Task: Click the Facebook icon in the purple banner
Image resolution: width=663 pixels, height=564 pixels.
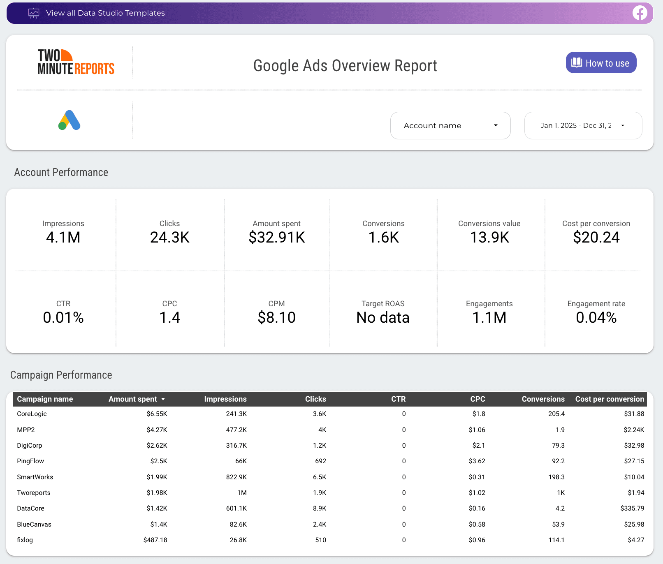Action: (640, 13)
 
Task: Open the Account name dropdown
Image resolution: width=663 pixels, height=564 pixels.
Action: (450, 126)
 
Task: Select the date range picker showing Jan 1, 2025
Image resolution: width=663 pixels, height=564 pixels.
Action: (583, 126)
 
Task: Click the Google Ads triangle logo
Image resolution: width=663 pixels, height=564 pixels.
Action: (69, 120)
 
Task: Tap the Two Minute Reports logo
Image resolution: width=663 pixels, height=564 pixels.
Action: (76, 62)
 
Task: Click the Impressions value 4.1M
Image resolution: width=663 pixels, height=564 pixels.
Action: (63, 238)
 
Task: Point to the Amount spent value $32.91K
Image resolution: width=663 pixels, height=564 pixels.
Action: (277, 238)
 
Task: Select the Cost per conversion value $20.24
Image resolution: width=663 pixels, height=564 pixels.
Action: (596, 238)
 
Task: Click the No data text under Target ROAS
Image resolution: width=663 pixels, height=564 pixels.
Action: (383, 318)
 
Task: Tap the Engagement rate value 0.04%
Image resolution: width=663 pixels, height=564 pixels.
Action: (596, 318)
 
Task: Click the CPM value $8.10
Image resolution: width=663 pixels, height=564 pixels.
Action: (276, 318)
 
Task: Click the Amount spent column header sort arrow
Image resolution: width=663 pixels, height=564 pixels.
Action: (163, 399)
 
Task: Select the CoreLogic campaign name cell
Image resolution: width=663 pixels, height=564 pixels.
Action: (32, 414)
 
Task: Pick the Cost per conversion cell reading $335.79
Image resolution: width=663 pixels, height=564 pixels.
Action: (632, 509)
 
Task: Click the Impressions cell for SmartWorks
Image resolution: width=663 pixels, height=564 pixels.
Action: (236, 477)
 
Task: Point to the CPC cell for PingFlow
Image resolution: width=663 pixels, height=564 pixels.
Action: (477, 461)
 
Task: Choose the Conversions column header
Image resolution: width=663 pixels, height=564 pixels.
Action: (543, 399)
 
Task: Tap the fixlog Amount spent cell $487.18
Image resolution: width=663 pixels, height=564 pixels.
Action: (155, 540)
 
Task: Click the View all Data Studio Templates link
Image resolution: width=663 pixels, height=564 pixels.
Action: (105, 13)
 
